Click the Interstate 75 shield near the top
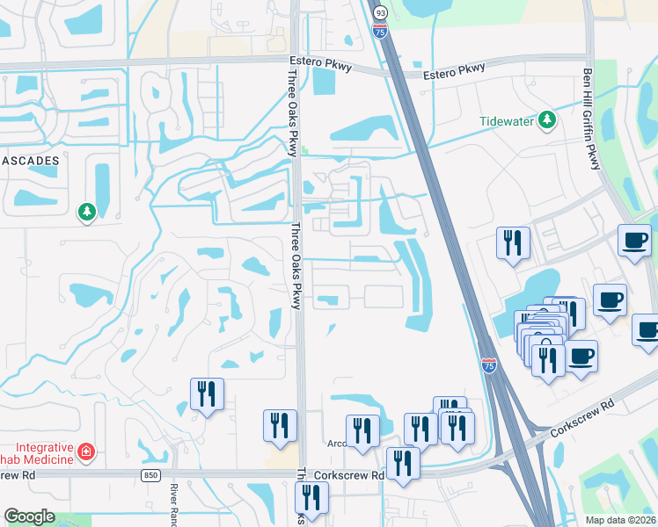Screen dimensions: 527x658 (x=379, y=32)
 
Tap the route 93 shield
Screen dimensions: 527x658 (x=379, y=13)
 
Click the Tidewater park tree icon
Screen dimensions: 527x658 (x=547, y=119)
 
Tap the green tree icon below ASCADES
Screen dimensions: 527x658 (x=87, y=212)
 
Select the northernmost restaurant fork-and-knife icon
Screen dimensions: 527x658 (x=513, y=242)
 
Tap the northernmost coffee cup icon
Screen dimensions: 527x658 (x=633, y=240)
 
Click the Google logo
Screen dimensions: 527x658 (x=29, y=516)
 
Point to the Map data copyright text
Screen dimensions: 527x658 (x=620, y=520)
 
